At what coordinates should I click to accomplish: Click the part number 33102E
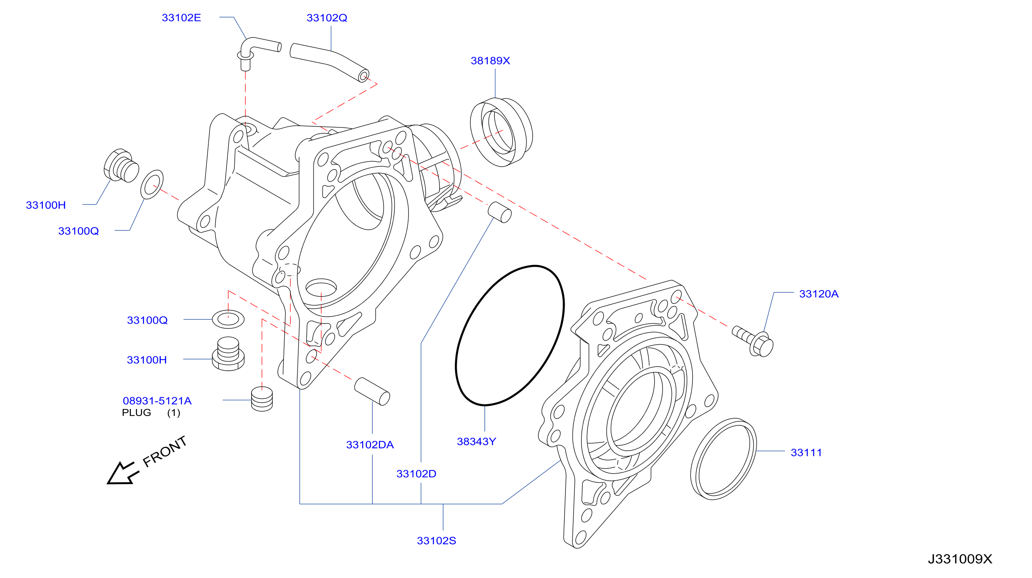click(181, 18)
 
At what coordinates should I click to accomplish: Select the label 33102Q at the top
click(327, 18)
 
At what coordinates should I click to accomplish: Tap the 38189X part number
click(490, 60)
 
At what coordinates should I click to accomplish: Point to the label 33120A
click(819, 294)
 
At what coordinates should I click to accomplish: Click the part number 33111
click(806, 452)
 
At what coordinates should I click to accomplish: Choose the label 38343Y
click(476, 441)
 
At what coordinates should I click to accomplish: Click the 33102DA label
click(370, 445)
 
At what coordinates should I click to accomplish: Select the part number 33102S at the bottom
click(436, 541)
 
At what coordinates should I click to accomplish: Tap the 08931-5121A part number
click(157, 400)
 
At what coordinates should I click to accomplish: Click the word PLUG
click(136, 412)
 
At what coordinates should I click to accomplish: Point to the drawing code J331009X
click(960, 559)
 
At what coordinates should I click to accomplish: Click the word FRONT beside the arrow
click(165, 451)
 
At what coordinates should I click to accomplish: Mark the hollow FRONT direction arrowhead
click(120, 475)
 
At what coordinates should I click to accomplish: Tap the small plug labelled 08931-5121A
click(262, 398)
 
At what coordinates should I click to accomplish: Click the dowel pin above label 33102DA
click(372, 391)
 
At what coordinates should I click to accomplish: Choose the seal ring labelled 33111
click(724, 459)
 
